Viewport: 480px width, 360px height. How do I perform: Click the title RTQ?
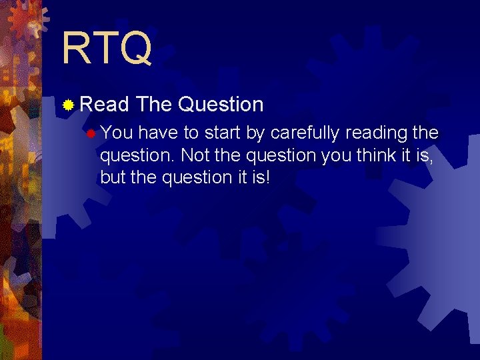click(107, 49)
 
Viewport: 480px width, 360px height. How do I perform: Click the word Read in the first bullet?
click(104, 105)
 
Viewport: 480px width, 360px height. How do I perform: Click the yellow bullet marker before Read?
click(68, 105)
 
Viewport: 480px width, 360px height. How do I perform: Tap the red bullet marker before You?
click(91, 133)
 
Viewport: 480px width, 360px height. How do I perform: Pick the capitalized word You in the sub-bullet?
click(117, 133)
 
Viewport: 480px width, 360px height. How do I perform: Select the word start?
click(223, 133)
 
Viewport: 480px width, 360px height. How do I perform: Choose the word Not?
click(195, 155)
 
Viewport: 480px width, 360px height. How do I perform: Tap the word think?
click(376, 155)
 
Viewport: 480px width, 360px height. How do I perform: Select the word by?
click(255, 134)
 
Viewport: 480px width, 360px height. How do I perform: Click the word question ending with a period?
click(137, 156)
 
